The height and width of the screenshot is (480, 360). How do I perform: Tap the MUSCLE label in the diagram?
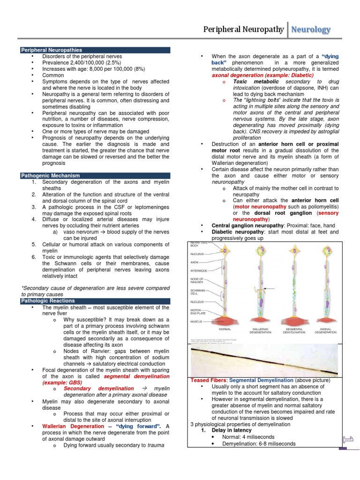(196, 322)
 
